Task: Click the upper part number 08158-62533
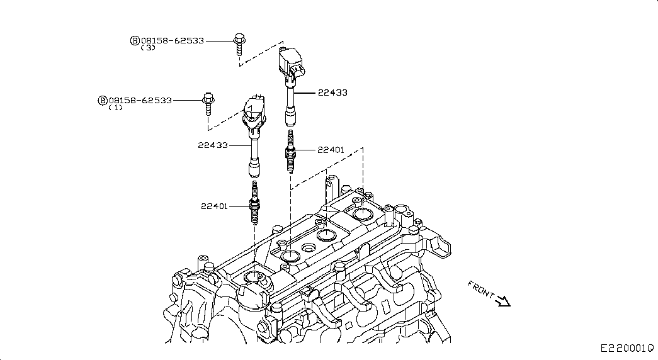[x=173, y=41]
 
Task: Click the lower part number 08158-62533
[x=140, y=101]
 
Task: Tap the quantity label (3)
[x=148, y=48]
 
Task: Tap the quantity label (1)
[x=115, y=108]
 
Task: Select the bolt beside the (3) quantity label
[x=239, y=44]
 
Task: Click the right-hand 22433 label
[x=332, y=93]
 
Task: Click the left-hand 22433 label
[x=213, y=145]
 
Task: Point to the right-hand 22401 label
[x=331, y=150]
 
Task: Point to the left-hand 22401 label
[x=214, y=206]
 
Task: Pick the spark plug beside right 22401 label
[x=290, y=151]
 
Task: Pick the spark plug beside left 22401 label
[x=254, y=202]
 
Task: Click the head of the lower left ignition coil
[x=254, y=111]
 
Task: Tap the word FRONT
[x=481, y=289]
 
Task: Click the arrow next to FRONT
[x=502, y=301]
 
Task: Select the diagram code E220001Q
[x=627, y=348]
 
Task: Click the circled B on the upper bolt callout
[x=135, y=41]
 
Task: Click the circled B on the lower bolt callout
[x=103, y=101]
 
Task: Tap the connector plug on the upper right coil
[x=299, y=71]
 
